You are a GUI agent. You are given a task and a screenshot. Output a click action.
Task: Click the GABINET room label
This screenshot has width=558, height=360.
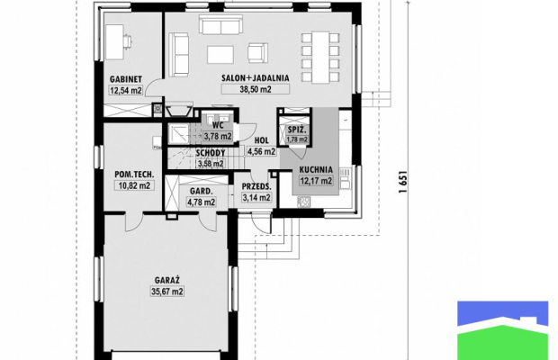coord(126,79)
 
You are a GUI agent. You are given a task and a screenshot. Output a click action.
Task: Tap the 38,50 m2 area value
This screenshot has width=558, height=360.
coord(256,89)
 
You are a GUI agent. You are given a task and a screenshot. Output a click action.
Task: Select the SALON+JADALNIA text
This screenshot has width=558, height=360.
coord(256,78)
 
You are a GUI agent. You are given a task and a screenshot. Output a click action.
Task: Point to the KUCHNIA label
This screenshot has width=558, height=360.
coord(316,170)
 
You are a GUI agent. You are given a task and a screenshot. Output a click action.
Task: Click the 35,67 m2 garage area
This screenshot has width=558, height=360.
coord(167,292)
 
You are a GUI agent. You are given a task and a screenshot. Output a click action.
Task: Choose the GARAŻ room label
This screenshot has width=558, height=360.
coord(167,280)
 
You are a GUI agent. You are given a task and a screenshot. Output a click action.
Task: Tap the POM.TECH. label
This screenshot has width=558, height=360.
coord(134,175)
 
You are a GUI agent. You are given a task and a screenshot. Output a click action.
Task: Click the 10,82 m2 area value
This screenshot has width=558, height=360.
coord(134,185)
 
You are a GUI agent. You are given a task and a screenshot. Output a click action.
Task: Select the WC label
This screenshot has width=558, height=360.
coord(218,125)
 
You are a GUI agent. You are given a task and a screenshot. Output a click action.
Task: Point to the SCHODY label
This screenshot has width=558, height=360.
coord(211,153)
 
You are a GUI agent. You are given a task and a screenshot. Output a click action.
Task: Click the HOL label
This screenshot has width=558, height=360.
coord(262,141)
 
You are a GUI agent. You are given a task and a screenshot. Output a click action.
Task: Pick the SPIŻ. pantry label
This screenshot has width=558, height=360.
coord(297,130)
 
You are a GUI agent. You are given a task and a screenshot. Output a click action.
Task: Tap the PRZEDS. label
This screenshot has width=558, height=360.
coord(256,187)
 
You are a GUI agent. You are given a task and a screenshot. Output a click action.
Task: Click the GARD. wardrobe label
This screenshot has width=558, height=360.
coord(201,192)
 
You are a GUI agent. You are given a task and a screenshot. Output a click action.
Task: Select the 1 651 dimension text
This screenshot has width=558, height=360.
coord(403,182)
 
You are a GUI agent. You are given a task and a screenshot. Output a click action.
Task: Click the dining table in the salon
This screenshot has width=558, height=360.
coord(320,58)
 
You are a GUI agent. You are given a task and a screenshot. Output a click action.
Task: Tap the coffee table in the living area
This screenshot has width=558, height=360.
coord(220,55)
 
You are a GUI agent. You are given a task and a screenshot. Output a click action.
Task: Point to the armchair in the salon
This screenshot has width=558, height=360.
coord(258,53)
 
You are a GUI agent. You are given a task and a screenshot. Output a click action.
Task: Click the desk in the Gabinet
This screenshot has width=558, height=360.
coord(115,41)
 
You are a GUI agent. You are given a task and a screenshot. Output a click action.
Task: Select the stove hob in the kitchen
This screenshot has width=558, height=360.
coord(303,202)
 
